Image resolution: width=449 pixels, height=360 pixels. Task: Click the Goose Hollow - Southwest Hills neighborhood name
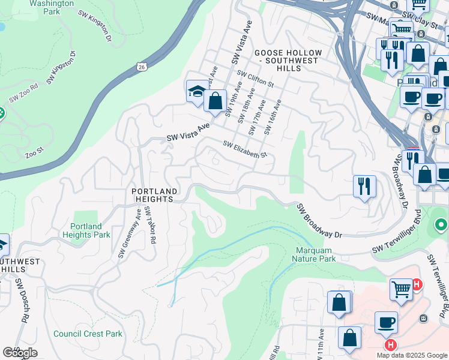288,61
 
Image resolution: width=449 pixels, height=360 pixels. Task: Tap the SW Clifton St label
255,79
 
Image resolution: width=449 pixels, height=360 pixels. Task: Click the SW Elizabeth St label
244,150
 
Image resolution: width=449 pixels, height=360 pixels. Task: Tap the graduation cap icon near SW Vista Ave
196,92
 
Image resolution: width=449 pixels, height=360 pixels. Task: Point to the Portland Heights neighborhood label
154,195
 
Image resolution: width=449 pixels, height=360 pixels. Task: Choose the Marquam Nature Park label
314,254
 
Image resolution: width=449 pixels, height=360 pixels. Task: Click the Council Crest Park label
88,334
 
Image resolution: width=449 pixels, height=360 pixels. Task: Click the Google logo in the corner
20,353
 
